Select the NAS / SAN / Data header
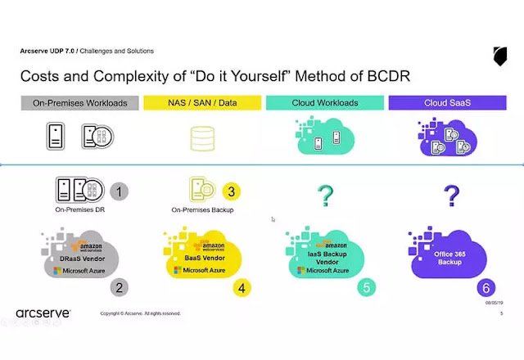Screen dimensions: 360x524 (x=201, y=103)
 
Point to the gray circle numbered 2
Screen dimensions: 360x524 (x=120, y=286)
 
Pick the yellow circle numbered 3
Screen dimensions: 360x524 (x=233, y=191)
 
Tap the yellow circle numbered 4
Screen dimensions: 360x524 (x=243, y=286)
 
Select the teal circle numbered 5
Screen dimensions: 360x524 (x=364, y=286)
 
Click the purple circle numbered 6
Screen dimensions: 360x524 (x=486, y=288)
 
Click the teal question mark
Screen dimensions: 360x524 (x=326, y=195)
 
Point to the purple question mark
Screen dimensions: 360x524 (x=449, y=195)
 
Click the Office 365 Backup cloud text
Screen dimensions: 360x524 (x=449, y=257)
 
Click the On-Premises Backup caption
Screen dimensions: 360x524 (x=201, y=210)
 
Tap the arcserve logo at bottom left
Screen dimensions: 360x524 (x=43, y=313)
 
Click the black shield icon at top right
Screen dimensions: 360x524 (x=499, y=56)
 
